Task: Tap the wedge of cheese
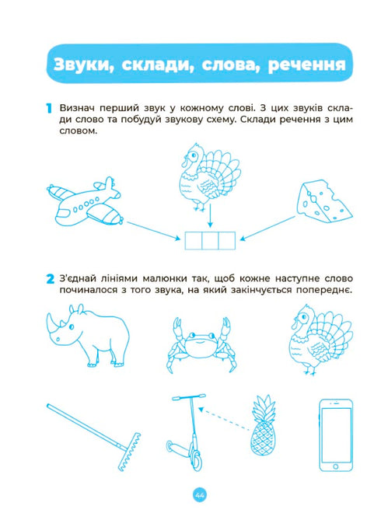tap(324, 201)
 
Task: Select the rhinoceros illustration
tap(88, 336)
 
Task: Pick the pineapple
tap(263, 426)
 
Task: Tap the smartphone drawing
tap(336, 435)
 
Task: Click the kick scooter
tap(187, 434)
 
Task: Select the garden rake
tap(94, 438)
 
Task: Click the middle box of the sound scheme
tap(210, 241)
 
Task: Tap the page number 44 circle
tap(200, 495)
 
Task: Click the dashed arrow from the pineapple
tap(225, 419)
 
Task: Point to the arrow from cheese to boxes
tap(268, 229)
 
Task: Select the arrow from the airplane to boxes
tap(154, 231)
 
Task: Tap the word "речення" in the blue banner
tap(306, 65)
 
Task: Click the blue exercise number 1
tap(49, 108)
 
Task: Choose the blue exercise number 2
tap(50, 279)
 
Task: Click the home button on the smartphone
tap(336, 466)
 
